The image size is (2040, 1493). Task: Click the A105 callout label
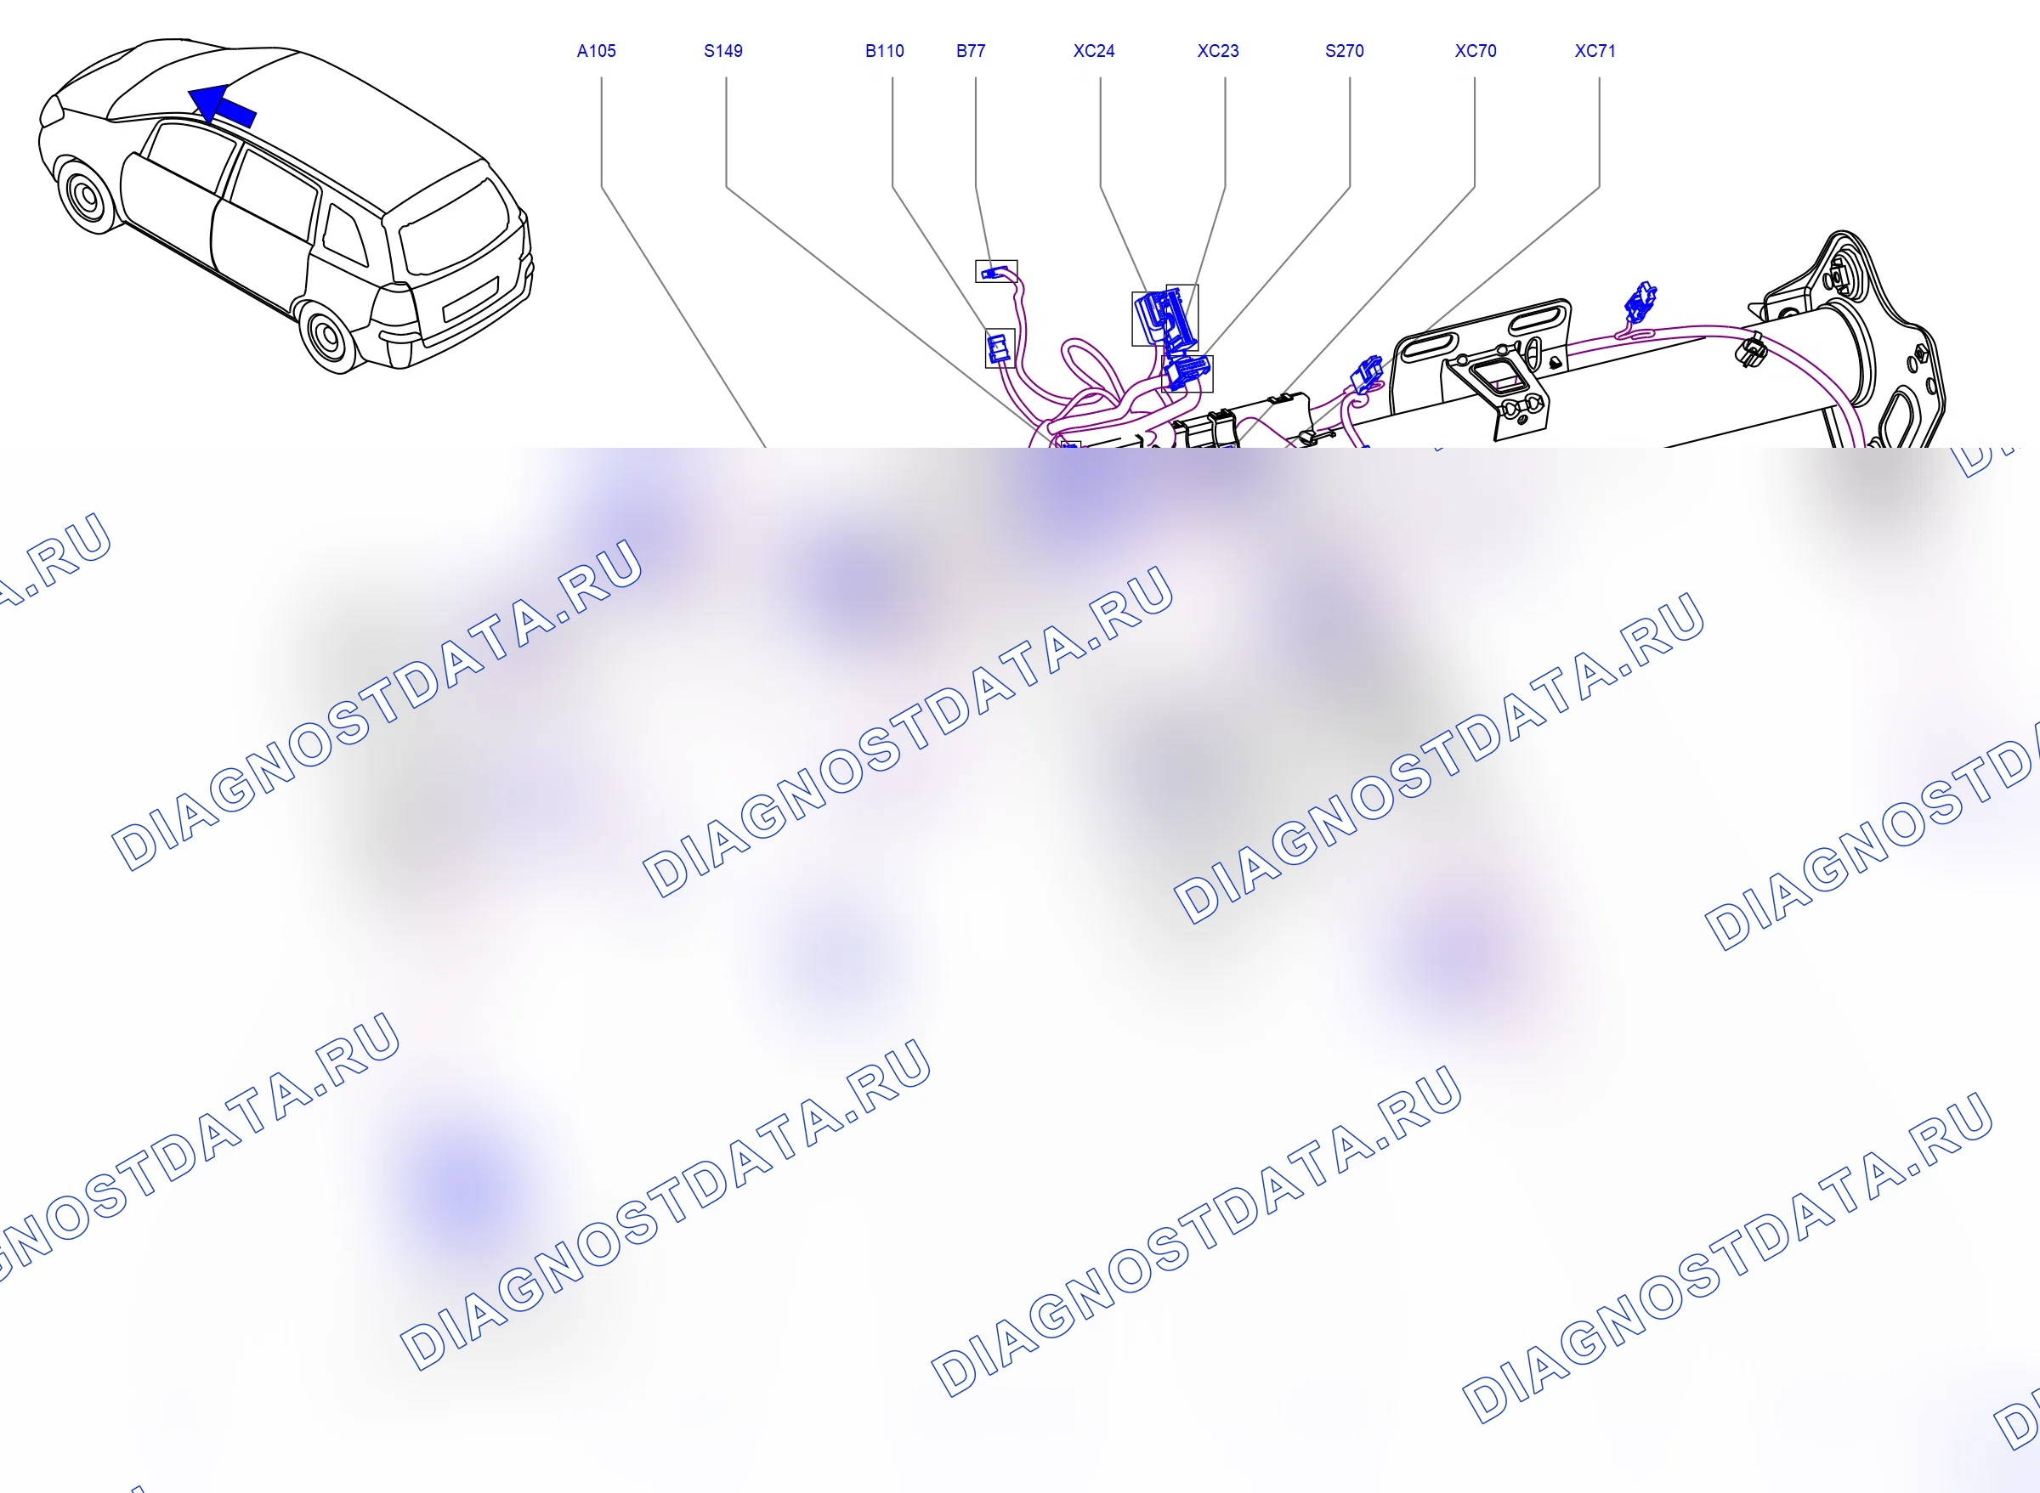click(596, 52)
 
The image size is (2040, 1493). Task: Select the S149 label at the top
click(723, 52)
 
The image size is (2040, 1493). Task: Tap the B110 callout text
click(884, 52)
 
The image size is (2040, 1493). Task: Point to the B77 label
click(971, 52)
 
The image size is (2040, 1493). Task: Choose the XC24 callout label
click(1094, 52)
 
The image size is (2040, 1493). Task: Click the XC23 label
click(1217, 52)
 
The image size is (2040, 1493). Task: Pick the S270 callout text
click(1344, 52)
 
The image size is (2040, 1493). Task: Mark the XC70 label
click(1475, 52)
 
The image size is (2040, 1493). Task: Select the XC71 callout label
click(1595, 52)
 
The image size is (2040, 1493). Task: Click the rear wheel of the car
click(327, 336)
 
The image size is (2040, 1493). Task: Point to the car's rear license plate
click(470, 299)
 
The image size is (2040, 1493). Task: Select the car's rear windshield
click(455, 227)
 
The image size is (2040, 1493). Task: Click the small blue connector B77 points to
click(995, 271)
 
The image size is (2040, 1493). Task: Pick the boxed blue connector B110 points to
click(999, 348)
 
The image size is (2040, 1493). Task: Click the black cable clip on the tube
click(1752, 349)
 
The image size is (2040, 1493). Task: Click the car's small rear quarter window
click(345, 235)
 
